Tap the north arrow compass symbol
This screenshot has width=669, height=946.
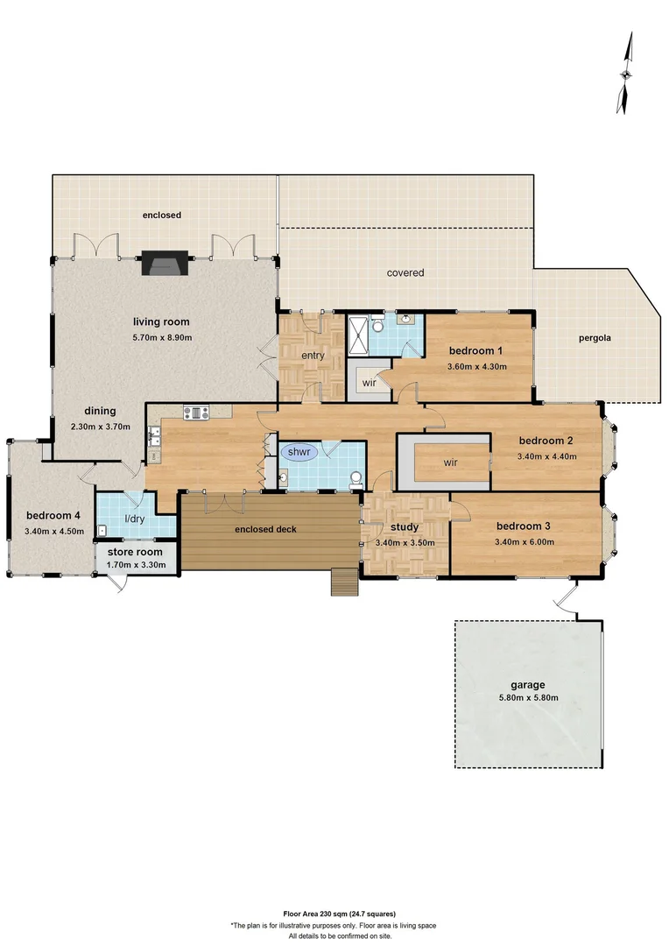coord(626,74)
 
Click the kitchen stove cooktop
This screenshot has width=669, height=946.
coord(194,412)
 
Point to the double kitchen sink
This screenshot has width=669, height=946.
coord(154,431)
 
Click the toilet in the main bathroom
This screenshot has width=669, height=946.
coord(356,479)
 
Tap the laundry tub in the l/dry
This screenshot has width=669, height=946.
coord(103,529)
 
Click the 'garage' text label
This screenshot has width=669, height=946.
coord(528,685)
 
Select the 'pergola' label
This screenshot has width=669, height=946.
coord(595,338)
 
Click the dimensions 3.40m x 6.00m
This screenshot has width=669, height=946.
coord(524,541)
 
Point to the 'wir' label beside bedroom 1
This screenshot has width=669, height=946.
coord(370,382)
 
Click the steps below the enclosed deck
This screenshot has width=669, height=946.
coord(343,582)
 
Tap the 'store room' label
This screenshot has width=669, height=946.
coord(135,553)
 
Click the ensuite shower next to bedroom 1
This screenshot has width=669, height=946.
coord(359,335)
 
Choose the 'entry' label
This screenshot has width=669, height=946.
coord(313,356)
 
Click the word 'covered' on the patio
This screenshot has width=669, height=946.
coord(405,272)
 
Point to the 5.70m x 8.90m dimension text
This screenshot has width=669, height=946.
coord(162,337)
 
